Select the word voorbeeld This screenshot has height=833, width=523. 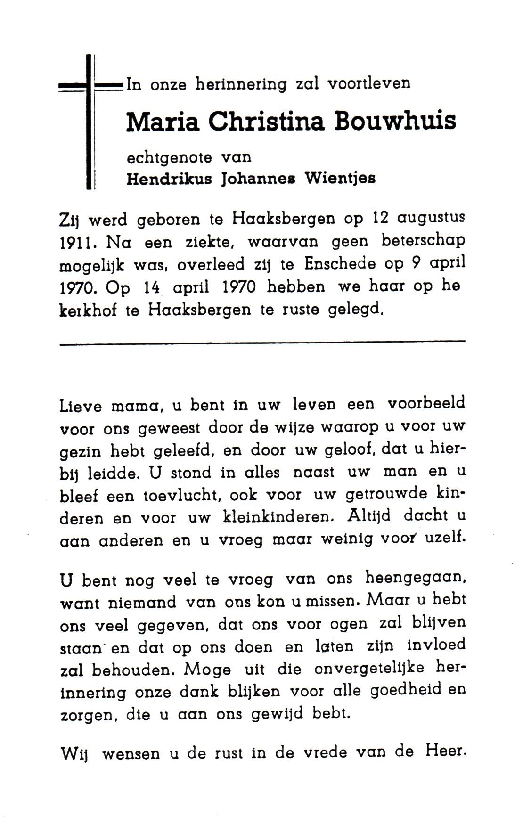pyautogui.click(x=426, y=404)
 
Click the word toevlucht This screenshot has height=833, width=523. pyautogui.click(x=201, y=495)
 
